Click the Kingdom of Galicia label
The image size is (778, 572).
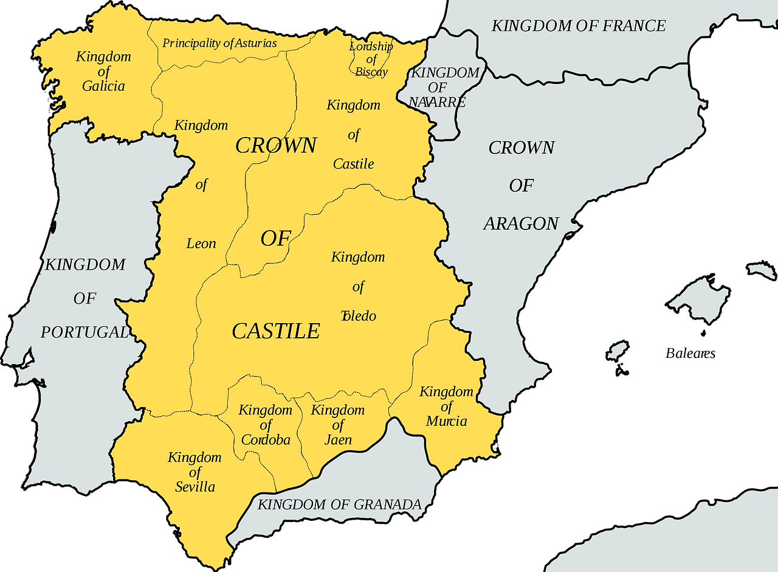104,72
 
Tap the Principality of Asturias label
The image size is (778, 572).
219,43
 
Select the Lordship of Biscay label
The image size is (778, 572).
371,59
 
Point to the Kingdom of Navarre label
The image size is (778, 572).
438,87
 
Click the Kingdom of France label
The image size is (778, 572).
578,26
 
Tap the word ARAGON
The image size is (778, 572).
521,224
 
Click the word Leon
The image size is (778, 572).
201,243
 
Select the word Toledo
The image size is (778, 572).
359,316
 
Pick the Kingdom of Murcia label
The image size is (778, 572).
447,406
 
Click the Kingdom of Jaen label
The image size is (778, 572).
338,425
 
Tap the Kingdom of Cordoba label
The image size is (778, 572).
266,425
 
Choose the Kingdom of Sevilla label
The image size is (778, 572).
195,472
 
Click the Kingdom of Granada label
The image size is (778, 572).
339,504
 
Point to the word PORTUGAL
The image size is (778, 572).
84,332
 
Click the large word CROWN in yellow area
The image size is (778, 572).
276,145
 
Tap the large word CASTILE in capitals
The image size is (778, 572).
276,331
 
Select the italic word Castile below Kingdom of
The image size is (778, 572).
354,164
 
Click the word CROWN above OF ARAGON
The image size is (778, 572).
522,148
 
